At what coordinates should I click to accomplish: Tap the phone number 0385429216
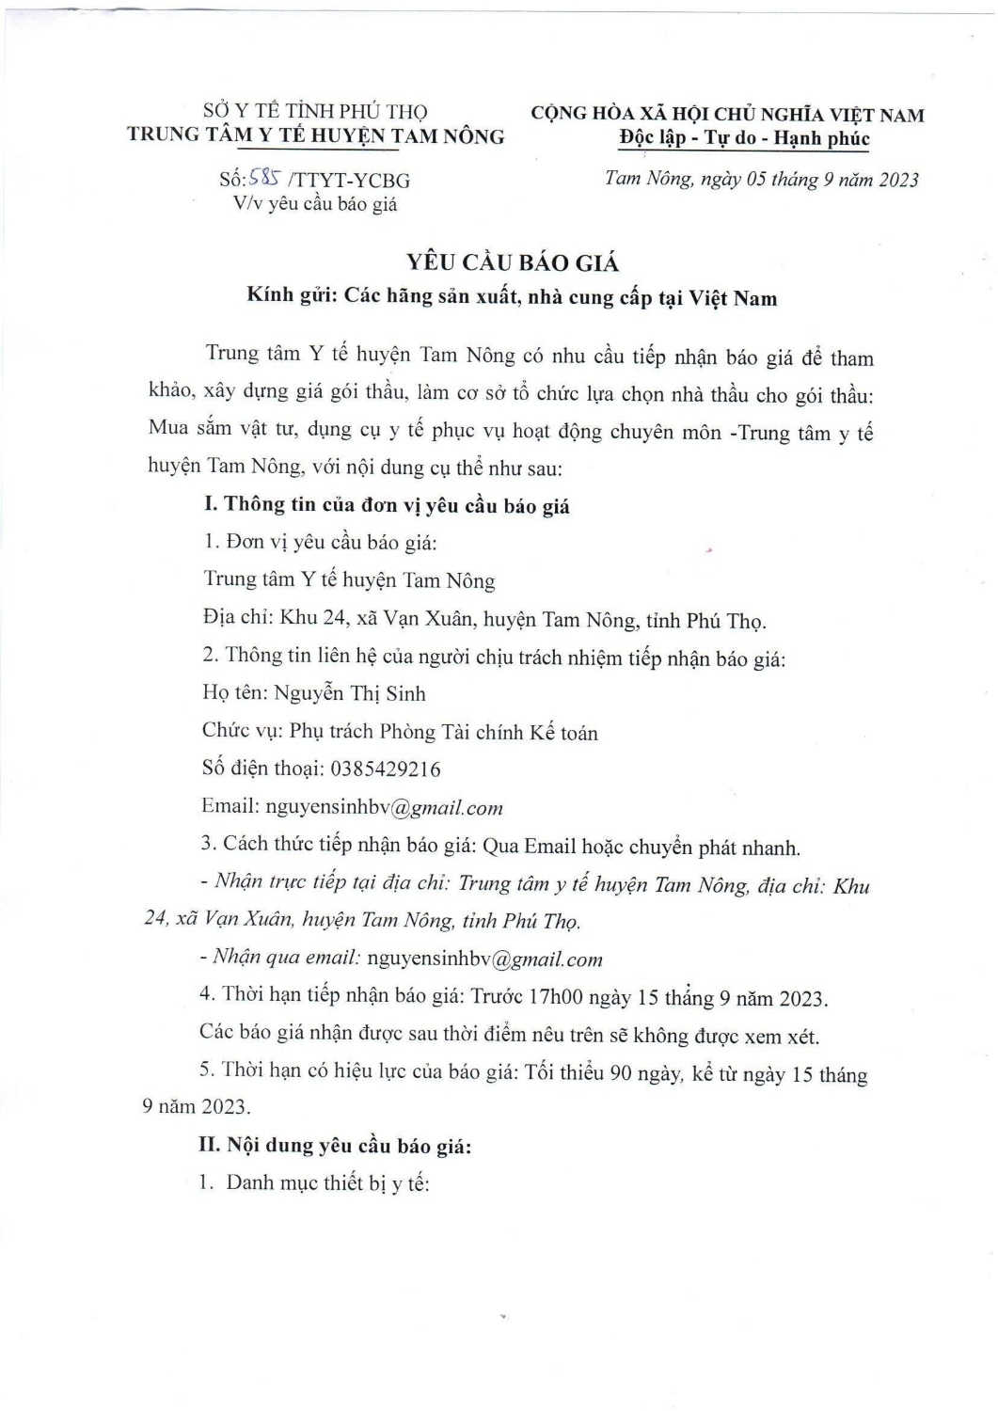pyautogui.click(x=386, y=769)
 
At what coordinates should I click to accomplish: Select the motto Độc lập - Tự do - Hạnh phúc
pyautogui.click(x=744, y=139)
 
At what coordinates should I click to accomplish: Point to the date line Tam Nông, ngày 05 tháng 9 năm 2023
pyautogui.click(x=761, y=180)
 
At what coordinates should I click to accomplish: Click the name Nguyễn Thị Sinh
pyautogui.click(x=350, y=694)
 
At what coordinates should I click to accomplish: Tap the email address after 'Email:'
pyautogui.click(x=385, y=807)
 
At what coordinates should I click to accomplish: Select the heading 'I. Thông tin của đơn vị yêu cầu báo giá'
pyautogui.click(x=387, y=505)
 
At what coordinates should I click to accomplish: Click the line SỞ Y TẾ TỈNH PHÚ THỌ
pyautogui.click(x=315, y=113)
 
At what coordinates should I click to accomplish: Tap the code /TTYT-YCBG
pyautogui.click(x=352, y=181)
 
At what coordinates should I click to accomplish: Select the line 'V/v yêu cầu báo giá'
pyautogui.click(x=315, y=203)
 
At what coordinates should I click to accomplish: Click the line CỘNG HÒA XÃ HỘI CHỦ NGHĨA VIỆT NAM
pyautogui.click(x=727, y=115)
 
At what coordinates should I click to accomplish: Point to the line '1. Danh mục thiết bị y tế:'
pyautogui.click(x=314, y=1183)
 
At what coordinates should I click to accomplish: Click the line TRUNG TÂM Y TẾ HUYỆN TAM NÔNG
pyautogui.click(x=316, y=135)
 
